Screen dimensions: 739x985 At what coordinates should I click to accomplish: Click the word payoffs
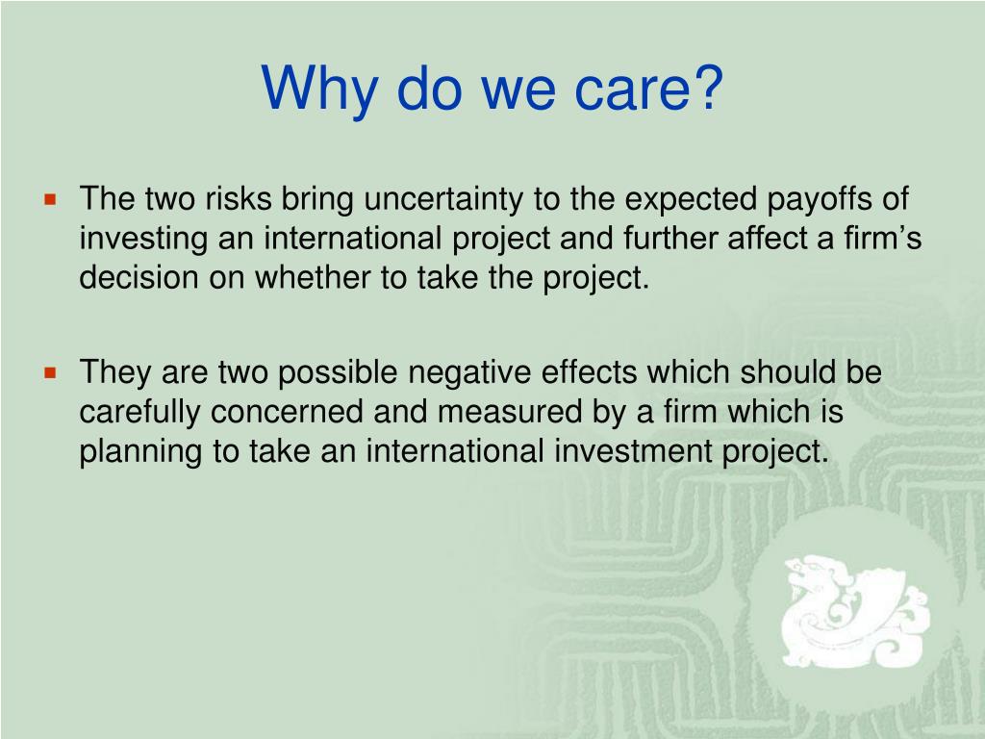point(817,200)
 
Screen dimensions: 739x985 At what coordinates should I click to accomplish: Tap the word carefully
point(140,411)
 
